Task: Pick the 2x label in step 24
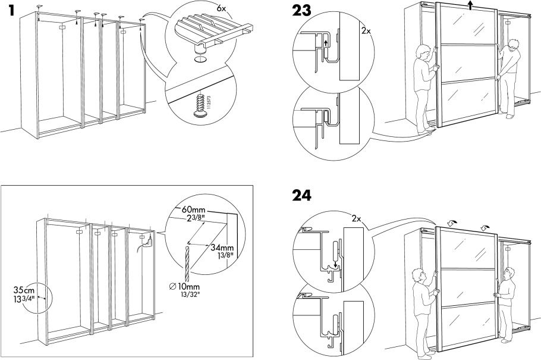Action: click(x=357, y=218)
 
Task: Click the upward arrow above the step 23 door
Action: click(x=470, y=5)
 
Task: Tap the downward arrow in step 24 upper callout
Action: click(x=336, y=265)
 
